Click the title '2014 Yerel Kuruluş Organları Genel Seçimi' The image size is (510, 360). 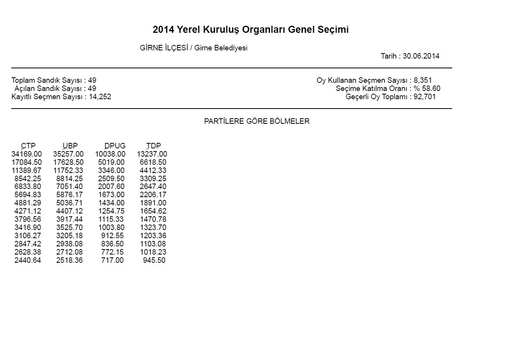[x=251, y=30]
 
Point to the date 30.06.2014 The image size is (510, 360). [x=421, y=56]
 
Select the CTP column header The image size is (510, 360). [x=28, y=146]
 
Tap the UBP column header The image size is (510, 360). [x=70, y=146]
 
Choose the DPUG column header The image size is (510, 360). [x=115, y=146]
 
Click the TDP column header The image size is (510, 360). [x=153, y=146]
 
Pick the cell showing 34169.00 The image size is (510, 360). [x=27, y=154]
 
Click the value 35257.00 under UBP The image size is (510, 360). [x=68, y=154]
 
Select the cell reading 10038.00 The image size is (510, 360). [x=110, y=154]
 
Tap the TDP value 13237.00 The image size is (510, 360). [x=152, y=154]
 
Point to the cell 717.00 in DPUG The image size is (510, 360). [x=112, y=260]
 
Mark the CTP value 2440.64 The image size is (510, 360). [x=28, y=260]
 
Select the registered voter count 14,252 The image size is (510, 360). [x=100, y=97]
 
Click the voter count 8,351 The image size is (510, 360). [x=423, y=80]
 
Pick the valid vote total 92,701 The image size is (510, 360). [x=425, y=97]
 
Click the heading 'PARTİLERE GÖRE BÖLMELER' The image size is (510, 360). [x=257, y=121]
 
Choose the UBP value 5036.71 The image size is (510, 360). [x=70, y=203]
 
